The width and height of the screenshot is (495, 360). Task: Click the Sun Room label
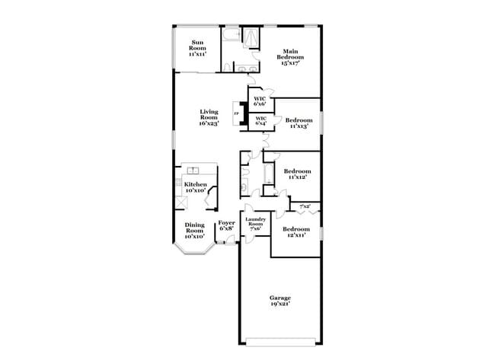197,48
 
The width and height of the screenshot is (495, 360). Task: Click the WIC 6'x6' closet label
260,101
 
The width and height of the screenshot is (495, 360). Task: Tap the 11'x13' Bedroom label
299,123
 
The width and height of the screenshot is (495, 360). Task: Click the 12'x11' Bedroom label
295,232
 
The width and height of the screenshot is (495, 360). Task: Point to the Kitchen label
195,187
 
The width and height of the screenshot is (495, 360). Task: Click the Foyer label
227,226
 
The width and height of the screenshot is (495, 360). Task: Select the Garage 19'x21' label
279,301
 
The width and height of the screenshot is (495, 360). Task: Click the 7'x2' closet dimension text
305,206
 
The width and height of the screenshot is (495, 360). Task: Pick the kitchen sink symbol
193,170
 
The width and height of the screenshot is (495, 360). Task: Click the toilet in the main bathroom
228,68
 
